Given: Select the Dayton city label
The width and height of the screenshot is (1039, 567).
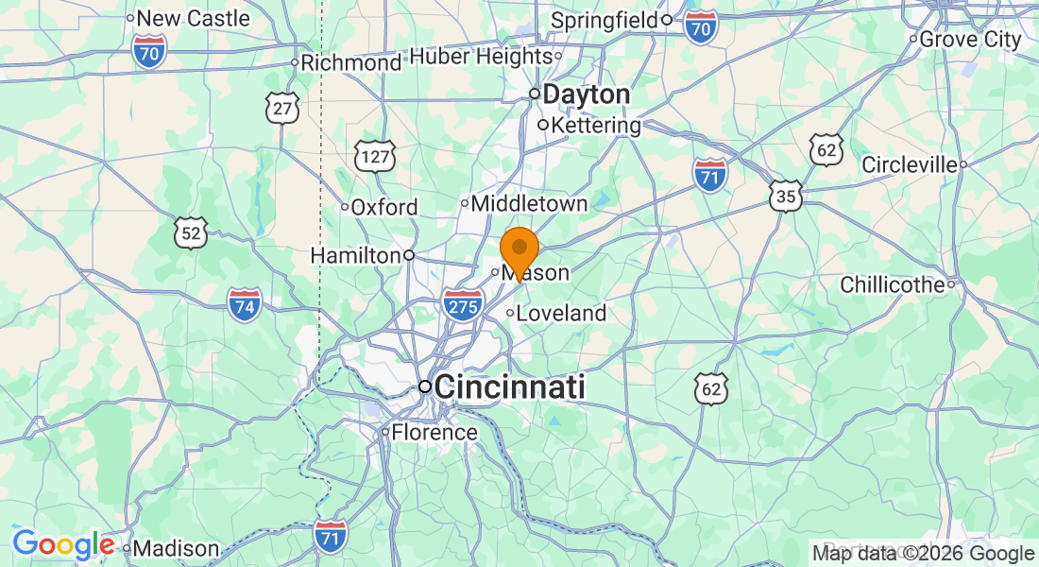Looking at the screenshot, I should (586, 94).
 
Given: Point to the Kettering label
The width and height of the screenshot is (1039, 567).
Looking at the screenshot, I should (595, 125).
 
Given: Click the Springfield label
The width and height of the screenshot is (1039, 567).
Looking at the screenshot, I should (605, 20).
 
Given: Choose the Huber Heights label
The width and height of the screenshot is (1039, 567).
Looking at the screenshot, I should (480, 57).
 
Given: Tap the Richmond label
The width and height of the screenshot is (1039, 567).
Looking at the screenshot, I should (350, 63).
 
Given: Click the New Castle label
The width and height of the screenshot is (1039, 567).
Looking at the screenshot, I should (193, 18).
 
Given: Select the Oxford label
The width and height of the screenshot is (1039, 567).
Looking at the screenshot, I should (383, 207).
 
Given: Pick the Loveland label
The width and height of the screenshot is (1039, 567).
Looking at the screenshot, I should (561, 313).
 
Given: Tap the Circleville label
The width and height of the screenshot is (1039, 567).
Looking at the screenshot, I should (909, 164).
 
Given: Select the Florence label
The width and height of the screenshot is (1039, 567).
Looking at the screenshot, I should (434, 433).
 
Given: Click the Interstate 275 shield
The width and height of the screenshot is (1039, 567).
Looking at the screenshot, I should (463, 305).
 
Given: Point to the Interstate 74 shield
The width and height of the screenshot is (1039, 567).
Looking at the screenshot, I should (245, 305).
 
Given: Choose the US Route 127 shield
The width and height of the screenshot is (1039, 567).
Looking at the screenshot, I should (375, 156).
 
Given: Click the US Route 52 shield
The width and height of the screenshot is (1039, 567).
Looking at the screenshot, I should (191, 232).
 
